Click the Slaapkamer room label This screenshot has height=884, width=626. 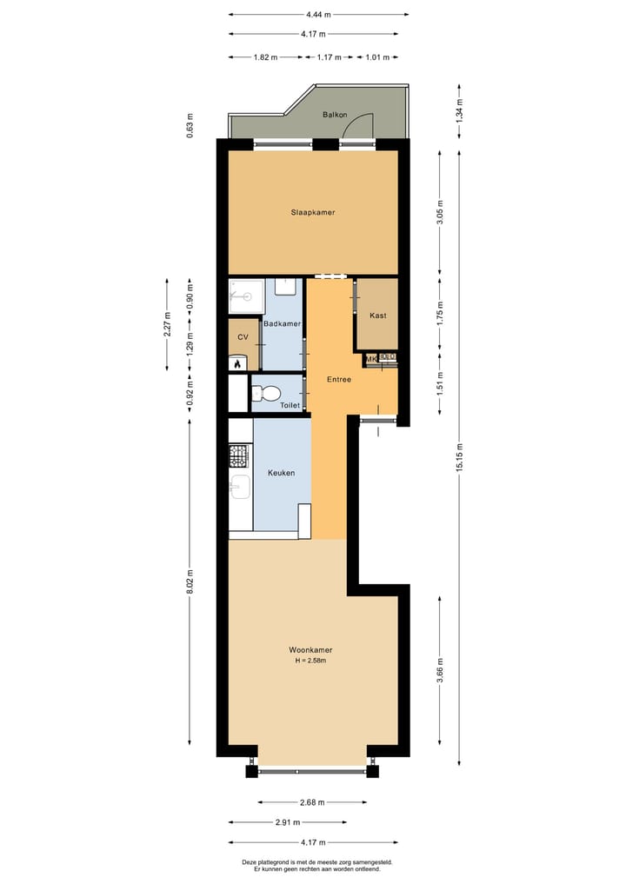(x=313, y=212)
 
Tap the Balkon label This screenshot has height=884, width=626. (x=335, y=115)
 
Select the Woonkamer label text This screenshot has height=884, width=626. (x=311, y=649)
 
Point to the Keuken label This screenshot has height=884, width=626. (x=281, y=473)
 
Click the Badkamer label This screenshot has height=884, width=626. (x=282, y=323)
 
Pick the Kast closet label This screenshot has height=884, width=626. (x=377, y=315)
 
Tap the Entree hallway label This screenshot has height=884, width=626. (x=338, y=379)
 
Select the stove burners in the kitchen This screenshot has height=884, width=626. (x=238, y=454)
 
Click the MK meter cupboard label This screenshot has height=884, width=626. (x=371, y=358)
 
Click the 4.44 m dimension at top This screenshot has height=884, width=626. (x=317, y=15)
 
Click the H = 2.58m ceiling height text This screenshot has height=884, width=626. (x=311, y=661)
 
